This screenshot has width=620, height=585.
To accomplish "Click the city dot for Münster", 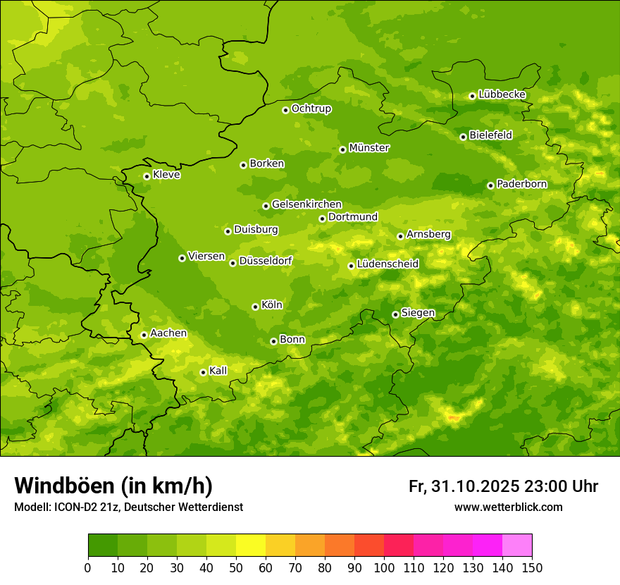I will tap(342, 149).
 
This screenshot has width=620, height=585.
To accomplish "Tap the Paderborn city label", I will tap(521, 184).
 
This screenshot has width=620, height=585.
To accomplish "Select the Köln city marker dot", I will tap(255, 307).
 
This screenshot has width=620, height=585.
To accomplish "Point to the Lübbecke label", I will tap(502, 94).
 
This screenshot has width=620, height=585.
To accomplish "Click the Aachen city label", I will tap(168, 333).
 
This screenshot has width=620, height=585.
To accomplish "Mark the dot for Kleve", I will tap(147, 176).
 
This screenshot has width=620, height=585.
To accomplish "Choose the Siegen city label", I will tap(418, 313).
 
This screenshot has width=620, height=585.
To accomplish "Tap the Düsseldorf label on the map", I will tap(266, 261).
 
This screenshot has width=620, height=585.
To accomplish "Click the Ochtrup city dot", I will tap(285, 110).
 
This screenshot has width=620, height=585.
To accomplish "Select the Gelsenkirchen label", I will tap(306, 204).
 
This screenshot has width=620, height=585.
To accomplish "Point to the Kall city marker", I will tap(203, 372).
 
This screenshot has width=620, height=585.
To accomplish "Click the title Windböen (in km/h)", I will tap(113, 486).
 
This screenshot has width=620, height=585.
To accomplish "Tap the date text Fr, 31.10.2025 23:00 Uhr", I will tap(503, 486).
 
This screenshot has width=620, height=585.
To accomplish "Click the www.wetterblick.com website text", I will tap(508, 507).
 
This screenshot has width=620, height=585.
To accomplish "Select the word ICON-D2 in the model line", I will tap(73, 507).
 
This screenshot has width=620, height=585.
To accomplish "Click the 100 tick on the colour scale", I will tap(384, 567).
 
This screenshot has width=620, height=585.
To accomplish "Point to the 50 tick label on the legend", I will tap(236, 567).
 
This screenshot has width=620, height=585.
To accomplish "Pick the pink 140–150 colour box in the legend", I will tap(517, 546).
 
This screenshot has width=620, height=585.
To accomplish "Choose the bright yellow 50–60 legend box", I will tap(251, 546).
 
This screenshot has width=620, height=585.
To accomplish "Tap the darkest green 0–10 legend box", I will tap(103, 546).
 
